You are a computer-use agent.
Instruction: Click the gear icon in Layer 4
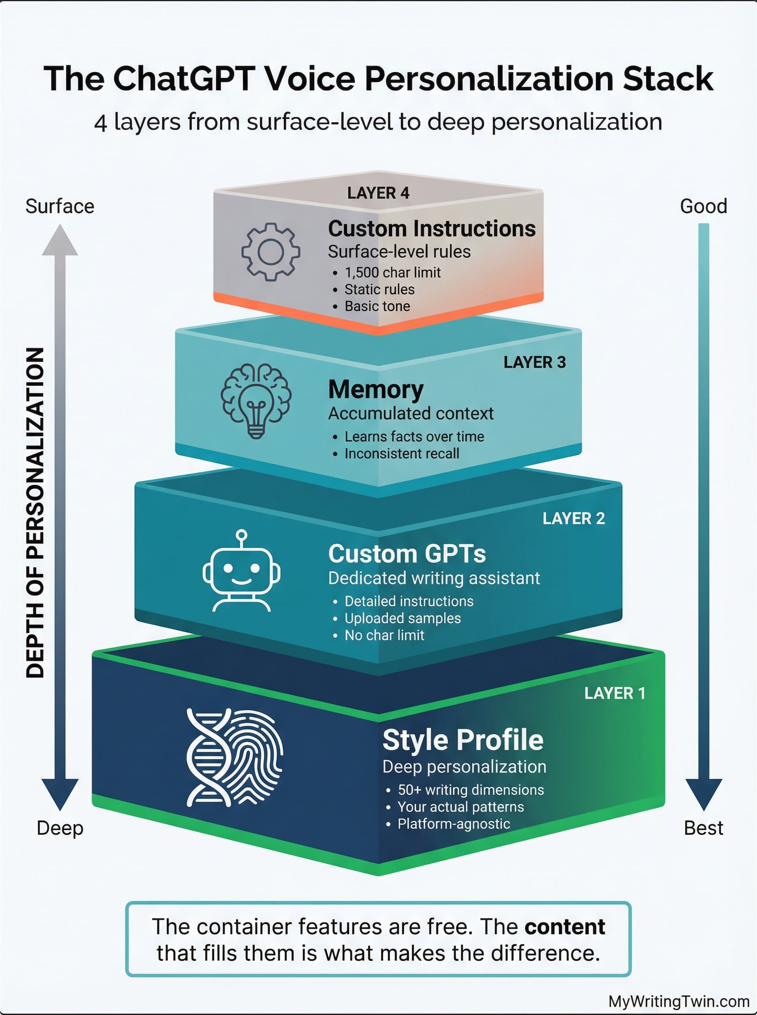[x=270, y=251]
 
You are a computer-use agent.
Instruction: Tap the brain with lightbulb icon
[x=256, y=401]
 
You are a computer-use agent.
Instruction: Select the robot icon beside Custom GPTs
[x=242, y=571]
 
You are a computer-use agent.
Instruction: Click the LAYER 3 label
[x=534, y=362]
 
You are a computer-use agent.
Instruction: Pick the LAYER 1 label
[x=615, y=693]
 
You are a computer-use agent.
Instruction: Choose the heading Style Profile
[x=463, y=740]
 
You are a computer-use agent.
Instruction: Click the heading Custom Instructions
[x=432, y=228]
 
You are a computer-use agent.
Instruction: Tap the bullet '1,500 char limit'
[x=392, y=272]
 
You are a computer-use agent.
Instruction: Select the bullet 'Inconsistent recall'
[x=401, y=454]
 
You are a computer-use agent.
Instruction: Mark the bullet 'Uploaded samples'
[x=402, y=618]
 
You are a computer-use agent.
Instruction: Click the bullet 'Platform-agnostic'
[x=453, y=824]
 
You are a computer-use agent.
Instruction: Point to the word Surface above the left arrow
[x=60, y=206]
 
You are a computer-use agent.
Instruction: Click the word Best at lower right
[x=703, y=828]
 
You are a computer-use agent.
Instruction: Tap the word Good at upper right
[x=703, y=206]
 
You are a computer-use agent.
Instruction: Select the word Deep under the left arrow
[x=60, y=828]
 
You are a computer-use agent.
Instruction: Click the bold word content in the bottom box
[x=564, y=927]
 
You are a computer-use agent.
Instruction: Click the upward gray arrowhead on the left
[x=60, y=241]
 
